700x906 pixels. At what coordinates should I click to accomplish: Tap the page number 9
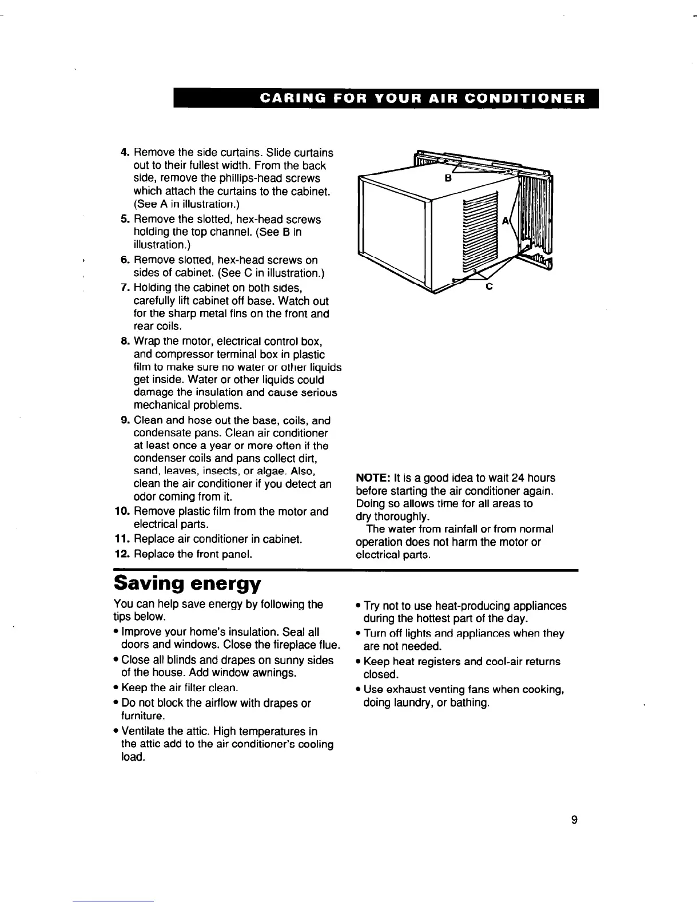pos(574,820)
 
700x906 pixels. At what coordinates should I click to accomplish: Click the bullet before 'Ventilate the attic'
pos(116,732)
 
